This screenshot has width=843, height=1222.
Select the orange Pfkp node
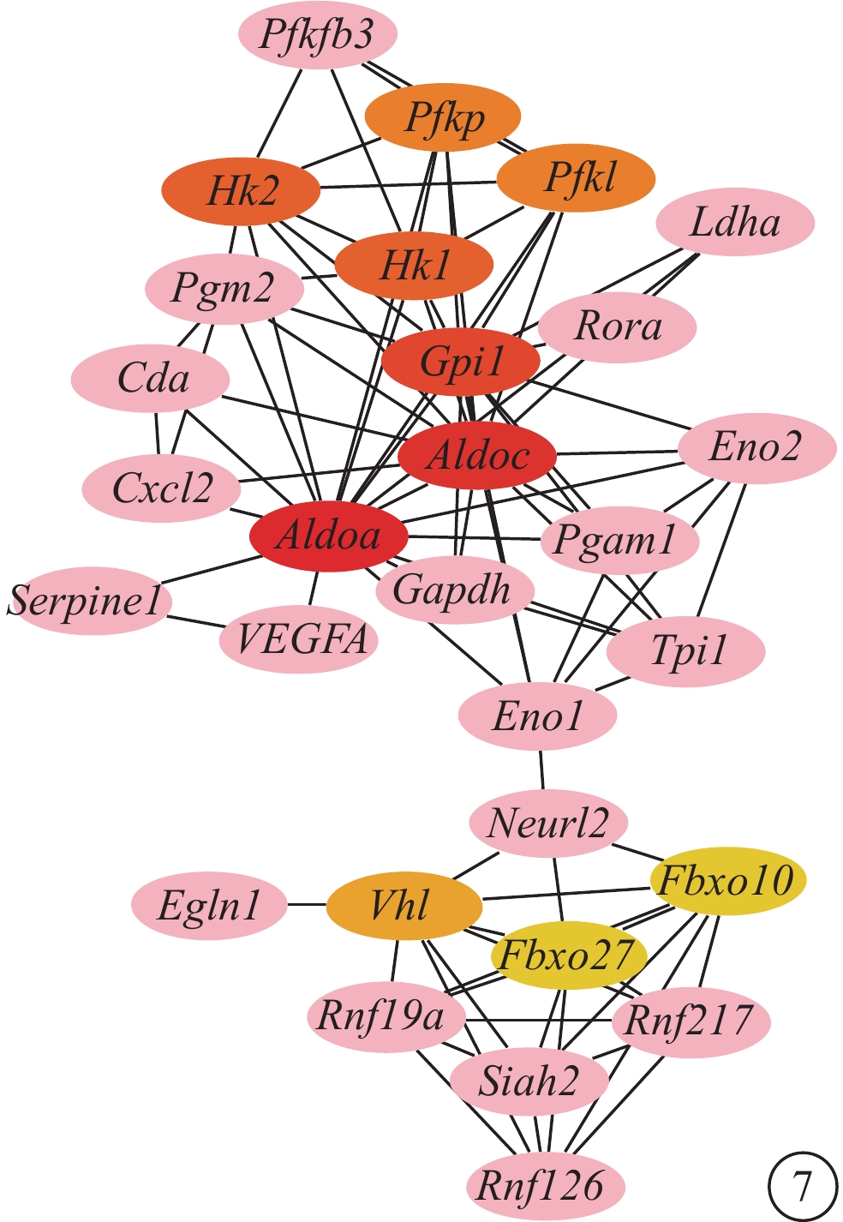point(443,117)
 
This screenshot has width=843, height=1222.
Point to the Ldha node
point(735,223)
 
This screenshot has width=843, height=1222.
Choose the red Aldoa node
point(328,536)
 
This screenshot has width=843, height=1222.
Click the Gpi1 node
point(461,362)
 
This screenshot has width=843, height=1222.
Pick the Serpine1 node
point(88,601)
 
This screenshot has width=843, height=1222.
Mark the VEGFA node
point(299,639)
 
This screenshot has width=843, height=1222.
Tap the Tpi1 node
point(685,652)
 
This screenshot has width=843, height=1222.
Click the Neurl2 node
point(548,824)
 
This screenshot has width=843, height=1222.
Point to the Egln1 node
point(209,906)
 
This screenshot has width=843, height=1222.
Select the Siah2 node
point(529,1081)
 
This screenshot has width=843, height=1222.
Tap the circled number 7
point(802,1187)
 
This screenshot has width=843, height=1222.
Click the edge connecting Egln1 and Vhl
point(307,905)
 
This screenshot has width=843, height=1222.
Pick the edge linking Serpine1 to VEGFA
point(195,619)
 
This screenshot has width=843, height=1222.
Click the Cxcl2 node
point(161,489)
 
